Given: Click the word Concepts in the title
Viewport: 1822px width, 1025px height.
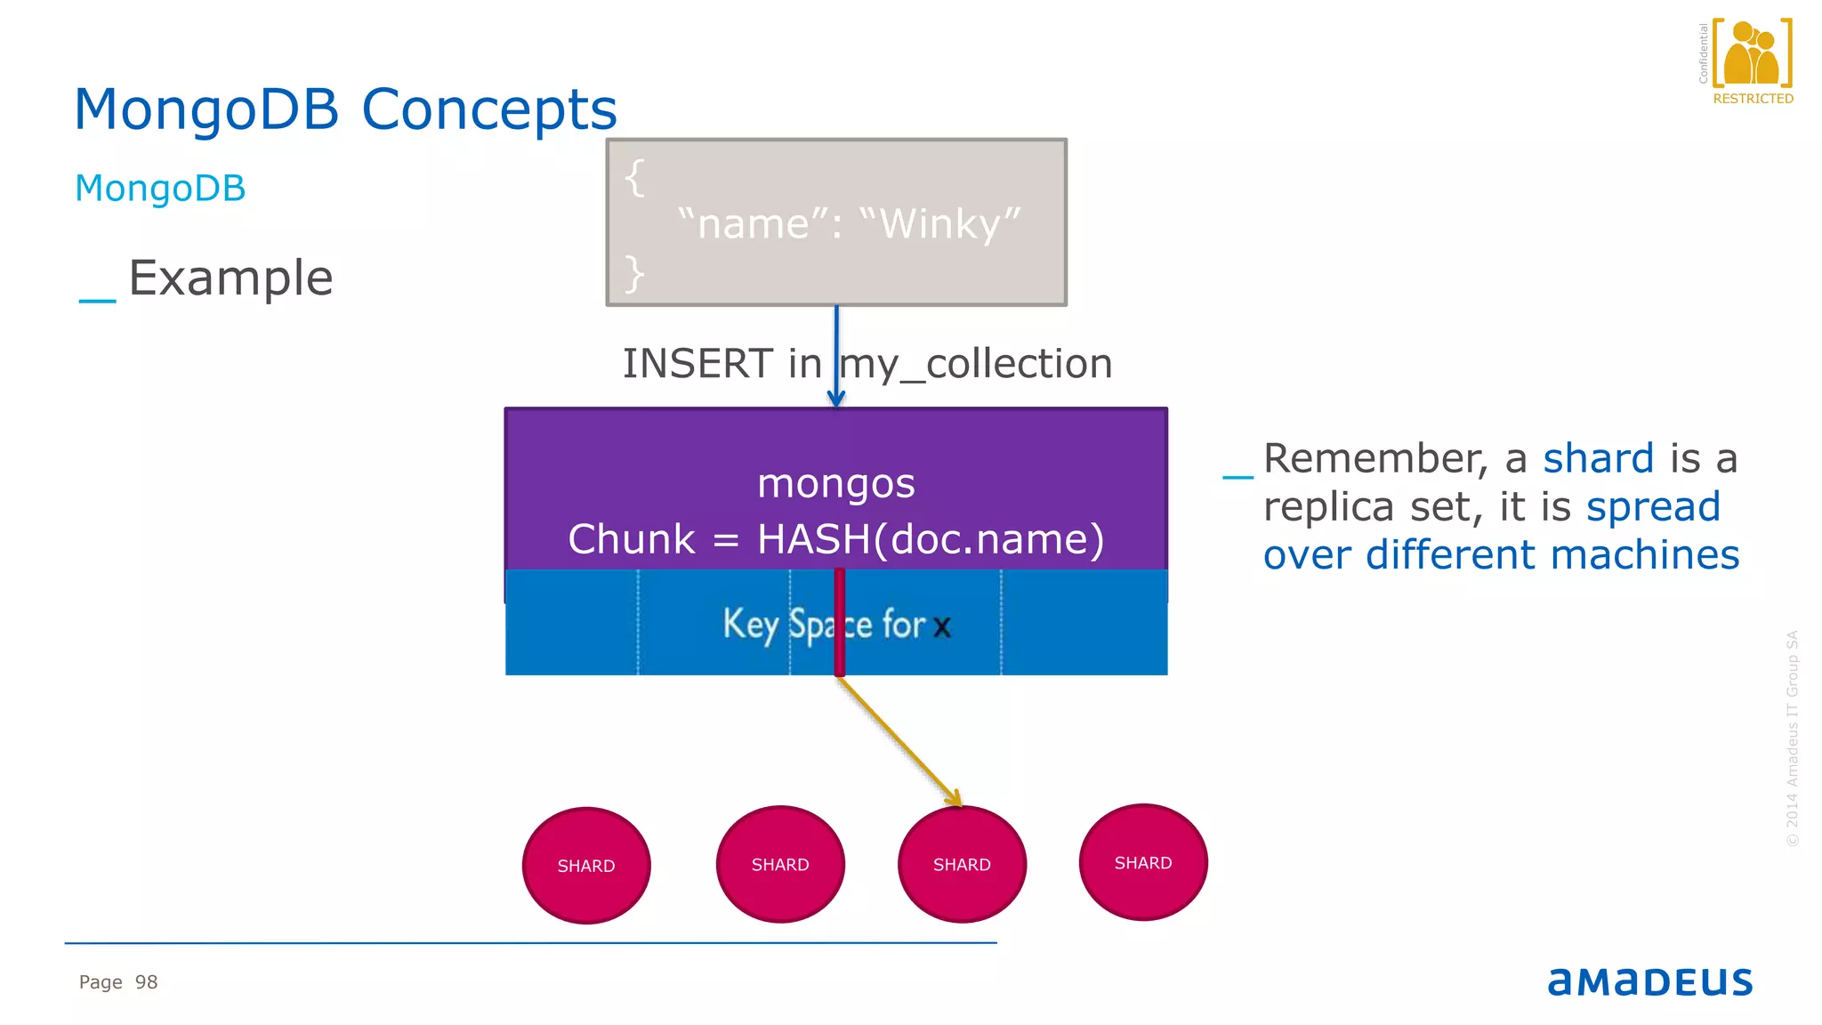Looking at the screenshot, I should click(488, 110).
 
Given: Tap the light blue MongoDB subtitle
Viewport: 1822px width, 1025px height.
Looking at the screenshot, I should click(160, 189).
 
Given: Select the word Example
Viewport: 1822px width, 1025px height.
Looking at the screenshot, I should click(230, 278).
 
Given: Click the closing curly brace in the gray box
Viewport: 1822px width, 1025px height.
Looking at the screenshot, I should click(633, 273).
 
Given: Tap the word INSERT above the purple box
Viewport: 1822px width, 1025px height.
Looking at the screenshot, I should click(697, 364).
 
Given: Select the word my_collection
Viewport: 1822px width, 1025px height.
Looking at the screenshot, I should click(977, 365).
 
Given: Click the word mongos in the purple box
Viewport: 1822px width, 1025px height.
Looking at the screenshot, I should click(835, 483).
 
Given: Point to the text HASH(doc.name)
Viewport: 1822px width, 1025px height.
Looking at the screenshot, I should click(930, 539).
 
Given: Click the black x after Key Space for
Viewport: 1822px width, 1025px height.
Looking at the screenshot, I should click(942, 627).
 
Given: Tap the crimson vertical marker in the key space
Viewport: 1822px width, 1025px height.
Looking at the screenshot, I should click(839, 622).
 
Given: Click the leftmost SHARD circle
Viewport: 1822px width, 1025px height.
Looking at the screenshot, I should click(586, 866).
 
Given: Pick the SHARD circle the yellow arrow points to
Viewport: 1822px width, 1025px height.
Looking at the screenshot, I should click(962, 865).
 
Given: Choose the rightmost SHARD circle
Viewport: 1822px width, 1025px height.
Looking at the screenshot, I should click(1143, 863).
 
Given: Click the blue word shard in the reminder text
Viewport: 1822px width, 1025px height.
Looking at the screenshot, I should click(1598, 459).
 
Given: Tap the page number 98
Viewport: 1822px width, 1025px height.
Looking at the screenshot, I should click(146, 982).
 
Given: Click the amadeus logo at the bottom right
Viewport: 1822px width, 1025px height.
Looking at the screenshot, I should click(1649, 981).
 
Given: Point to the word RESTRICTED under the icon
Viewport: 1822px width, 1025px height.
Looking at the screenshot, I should click(1753, 99).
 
